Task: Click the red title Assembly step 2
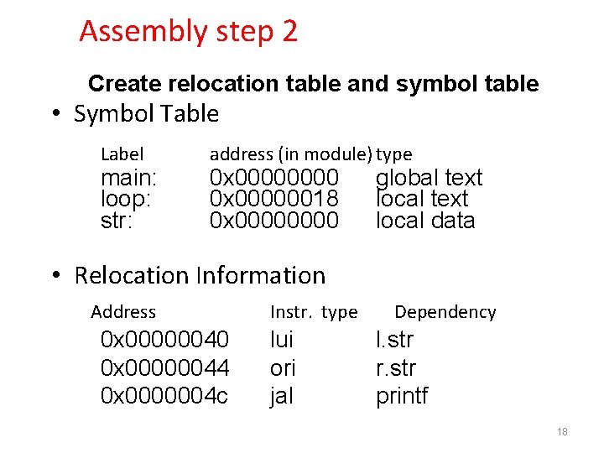click(x=188, y=32)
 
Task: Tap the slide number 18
click(x=562, y=432)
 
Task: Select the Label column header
click(x=122, y=154)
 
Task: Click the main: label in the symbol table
click(x=128, y=178)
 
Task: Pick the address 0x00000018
click(x=273, y=199)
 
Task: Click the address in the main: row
click(x=273, y=178)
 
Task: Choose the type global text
click(x=429, y=178)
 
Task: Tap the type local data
click(x=425, y=221)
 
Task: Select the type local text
click(x=422, y=199)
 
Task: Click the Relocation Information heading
click(x=200, y=275)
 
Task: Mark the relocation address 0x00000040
click(x=164, y=340)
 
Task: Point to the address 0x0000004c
click(x=164, y=396)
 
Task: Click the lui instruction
click(x=281, y=340)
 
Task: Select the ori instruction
click(x=283, y=368)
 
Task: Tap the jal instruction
click(x=281, y=396)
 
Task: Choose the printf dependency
click(x=402, y=396)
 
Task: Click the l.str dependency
click(x=394, y=340)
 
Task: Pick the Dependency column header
click(x=445, y=312)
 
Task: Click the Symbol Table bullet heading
click(x=146, y=114)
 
